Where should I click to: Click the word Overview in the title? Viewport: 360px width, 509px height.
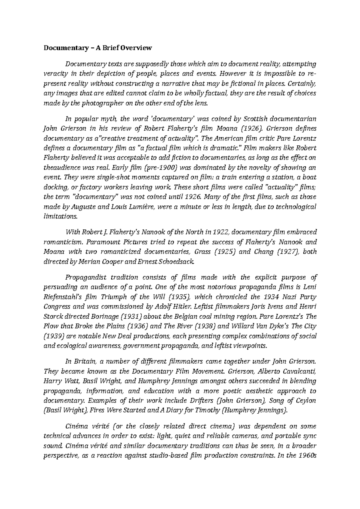tap(137, 48)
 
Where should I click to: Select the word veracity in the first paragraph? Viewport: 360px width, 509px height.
tap(54, 74)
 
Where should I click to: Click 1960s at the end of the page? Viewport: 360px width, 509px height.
tap(307, 456)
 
